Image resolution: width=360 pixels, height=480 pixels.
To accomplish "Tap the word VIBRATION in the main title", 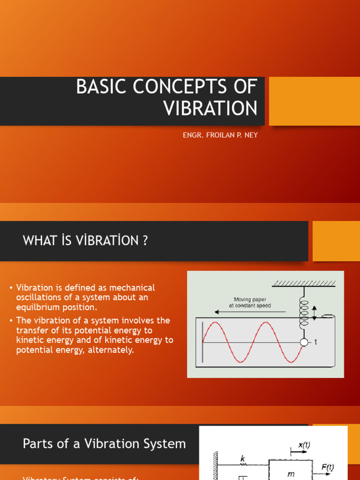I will (210, 108).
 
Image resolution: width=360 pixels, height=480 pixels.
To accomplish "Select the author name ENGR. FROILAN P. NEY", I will (220, 135).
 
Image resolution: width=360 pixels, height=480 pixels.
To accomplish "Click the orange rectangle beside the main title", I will (314, 101).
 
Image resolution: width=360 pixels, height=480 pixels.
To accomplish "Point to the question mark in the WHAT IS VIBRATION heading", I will (145, 241).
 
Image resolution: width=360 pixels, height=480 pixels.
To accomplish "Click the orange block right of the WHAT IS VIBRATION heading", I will (336, 241).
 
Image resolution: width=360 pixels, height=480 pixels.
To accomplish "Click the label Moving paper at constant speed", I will (250, 302).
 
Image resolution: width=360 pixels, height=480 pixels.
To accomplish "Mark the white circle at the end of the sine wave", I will (304, 342).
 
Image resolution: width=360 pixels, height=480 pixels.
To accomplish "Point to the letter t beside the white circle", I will (315, 342).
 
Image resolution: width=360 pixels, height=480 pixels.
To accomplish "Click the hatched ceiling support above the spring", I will (304, 283).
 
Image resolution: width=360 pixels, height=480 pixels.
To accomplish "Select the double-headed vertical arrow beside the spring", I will (314, 313).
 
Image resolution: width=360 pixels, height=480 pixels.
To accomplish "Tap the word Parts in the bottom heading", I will (37, 443).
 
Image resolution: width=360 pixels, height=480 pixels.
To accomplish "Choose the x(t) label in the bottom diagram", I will (303, 446).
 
